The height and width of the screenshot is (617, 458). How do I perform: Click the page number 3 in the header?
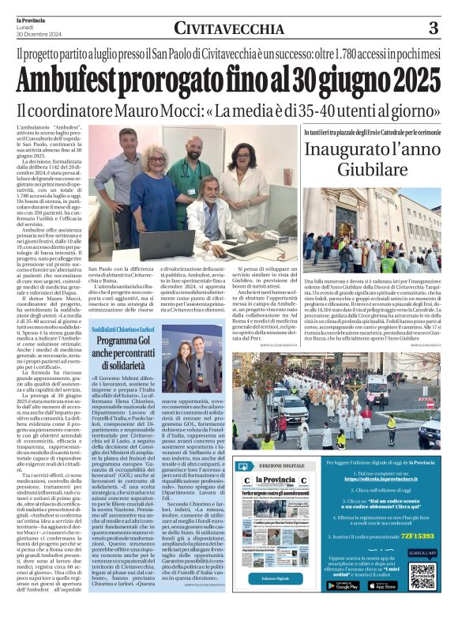coord(433,28)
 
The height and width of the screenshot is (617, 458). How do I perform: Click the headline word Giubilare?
coord(373,168)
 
